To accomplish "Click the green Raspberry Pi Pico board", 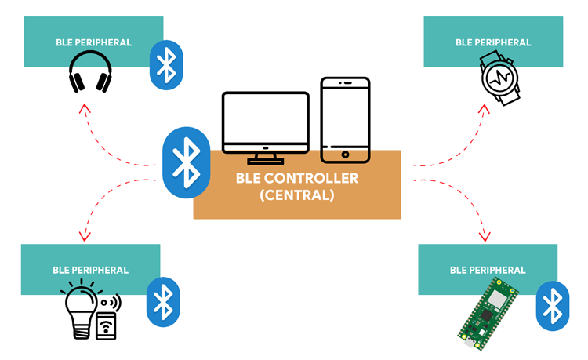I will point(487,313).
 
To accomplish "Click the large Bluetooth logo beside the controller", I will point(187,162).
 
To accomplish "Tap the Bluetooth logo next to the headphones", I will point(166,64).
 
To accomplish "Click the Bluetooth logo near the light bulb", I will point(162,301).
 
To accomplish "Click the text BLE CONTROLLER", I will point(296,178).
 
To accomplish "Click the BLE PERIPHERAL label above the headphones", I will point(93,42).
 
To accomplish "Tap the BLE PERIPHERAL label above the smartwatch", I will point(492,42).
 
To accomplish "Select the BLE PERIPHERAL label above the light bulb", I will point(90,270).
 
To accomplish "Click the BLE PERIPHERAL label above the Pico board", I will point(488,270).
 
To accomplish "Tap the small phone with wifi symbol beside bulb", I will point(107,322).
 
